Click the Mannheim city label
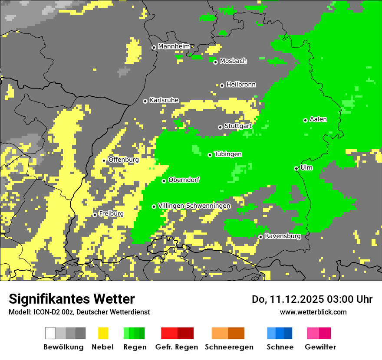point(174,46)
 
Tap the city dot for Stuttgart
point(220,127)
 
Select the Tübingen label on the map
point(228,154)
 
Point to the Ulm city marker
point(296,168)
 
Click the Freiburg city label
point(111,214)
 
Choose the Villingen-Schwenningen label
point(194,206)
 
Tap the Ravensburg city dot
point(260,237)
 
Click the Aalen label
point(318,119)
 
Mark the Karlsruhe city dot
point(145,101)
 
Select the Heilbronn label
point(241,85)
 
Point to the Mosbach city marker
point(215,62)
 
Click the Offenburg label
point(123,160)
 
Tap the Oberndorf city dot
point(164,181)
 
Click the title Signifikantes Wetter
point(72,299)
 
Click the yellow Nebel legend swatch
point(103,333)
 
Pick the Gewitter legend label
point(320,347)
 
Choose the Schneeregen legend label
point(229,347)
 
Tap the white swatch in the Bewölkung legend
point(50,333)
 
